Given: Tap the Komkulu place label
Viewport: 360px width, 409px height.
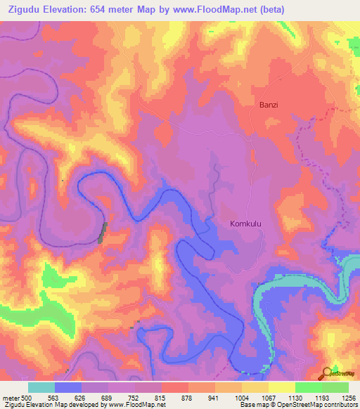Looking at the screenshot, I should (246, 223).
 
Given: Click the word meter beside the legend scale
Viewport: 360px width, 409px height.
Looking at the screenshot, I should (10, 397).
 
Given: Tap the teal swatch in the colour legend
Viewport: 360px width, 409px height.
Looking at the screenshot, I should (41, 387).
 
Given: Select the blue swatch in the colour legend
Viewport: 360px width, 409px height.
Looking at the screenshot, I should (68, 387).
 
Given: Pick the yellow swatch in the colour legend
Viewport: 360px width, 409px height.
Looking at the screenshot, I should (281, 387).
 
